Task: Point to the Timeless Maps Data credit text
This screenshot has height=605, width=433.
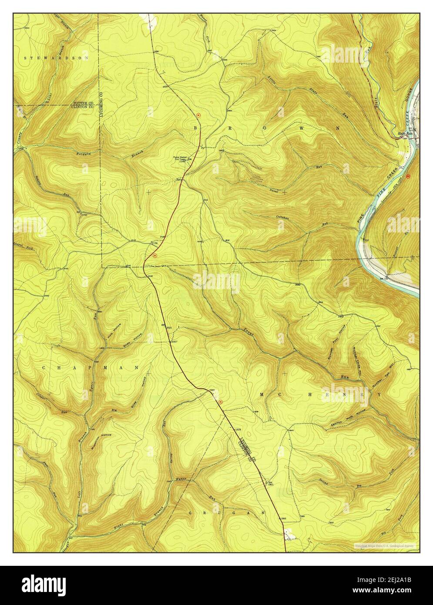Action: [x=384, y=545]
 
